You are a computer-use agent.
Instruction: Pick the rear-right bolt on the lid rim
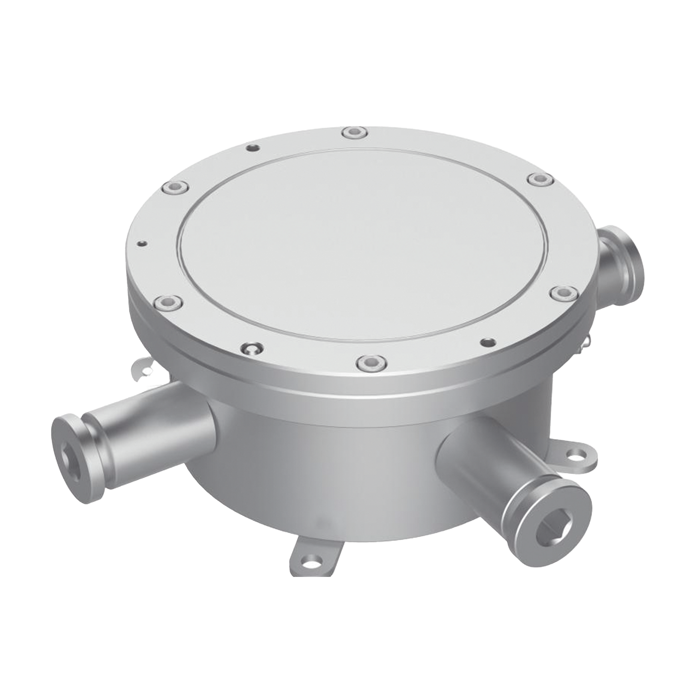pos(540,179)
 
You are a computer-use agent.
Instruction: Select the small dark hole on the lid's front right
pos(487,341)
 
